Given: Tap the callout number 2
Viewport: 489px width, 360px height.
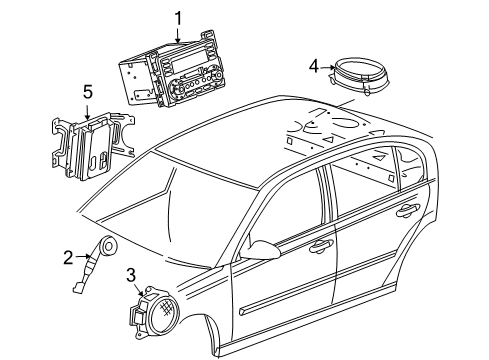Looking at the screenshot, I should pos(67,257).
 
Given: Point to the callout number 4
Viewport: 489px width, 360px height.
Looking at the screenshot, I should pos(313,67).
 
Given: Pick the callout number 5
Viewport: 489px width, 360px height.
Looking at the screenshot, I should pos(87,92).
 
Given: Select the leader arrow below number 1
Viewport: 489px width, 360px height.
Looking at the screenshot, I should pos(178,32).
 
